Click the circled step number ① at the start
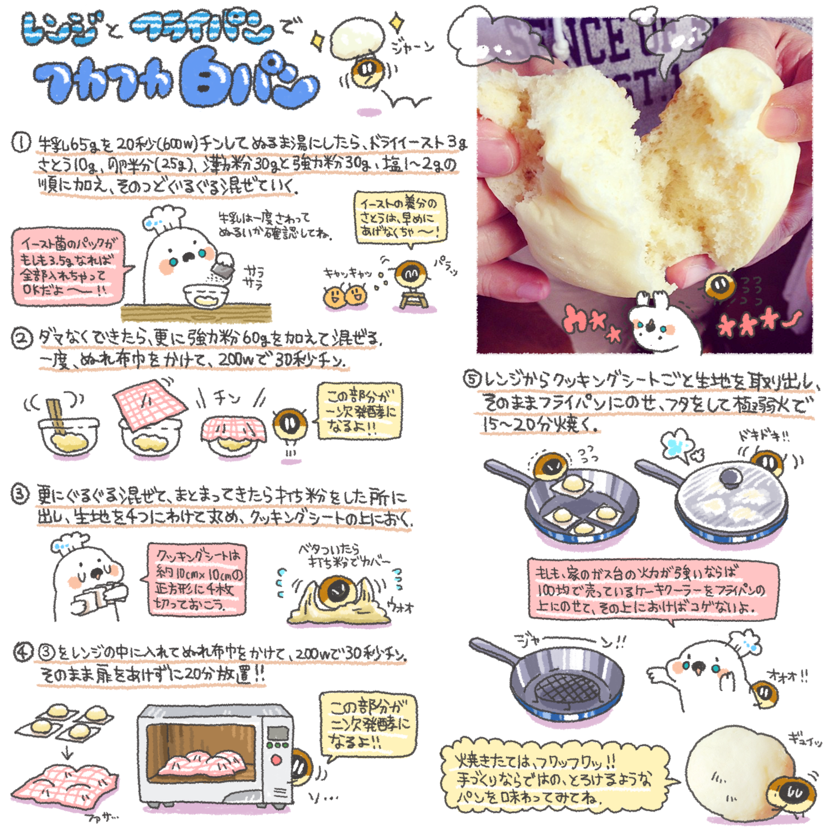click(x=21, y=143)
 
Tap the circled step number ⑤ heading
click(x=471, y=379)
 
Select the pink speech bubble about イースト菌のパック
click(x=68, y=267)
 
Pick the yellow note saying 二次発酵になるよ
click(x=367, y=724)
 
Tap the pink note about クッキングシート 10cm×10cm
click(x=196, y=579)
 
